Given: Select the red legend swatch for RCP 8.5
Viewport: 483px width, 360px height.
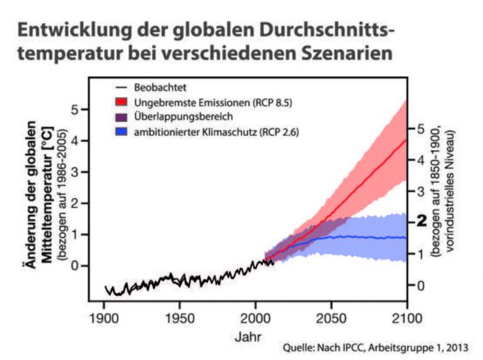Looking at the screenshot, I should tap(121, 102).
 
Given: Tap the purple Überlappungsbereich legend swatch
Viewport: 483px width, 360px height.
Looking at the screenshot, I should tap(121, 116).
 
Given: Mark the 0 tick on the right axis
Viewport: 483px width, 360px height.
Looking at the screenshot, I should tap(419, 285).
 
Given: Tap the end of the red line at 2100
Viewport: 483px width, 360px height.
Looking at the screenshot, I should tap(406, 139).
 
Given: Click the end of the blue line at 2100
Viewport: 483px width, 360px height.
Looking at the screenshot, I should tap(406, 238).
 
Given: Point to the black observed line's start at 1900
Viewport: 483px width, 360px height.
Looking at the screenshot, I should tap(105, 286).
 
